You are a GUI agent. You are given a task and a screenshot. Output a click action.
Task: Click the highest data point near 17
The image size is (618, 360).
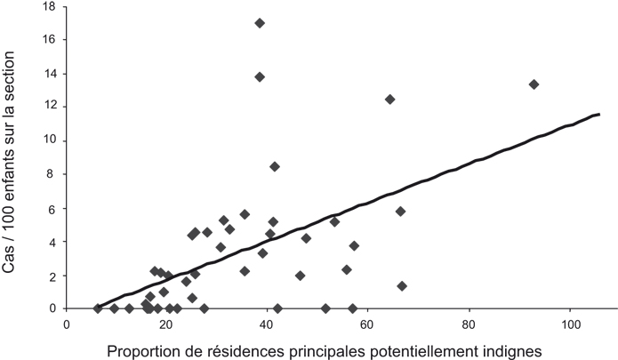click(260, 23)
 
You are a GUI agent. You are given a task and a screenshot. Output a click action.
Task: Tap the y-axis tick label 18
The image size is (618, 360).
click(51, 6)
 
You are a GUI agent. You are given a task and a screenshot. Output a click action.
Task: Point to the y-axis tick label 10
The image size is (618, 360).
click(51, 140)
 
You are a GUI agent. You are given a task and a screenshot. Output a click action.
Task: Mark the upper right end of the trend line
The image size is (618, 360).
click(599, 115)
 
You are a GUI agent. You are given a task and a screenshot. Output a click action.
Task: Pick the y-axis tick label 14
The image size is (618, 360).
click(51, 73)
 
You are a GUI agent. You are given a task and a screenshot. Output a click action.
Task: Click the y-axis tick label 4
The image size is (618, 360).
click(54, 242)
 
